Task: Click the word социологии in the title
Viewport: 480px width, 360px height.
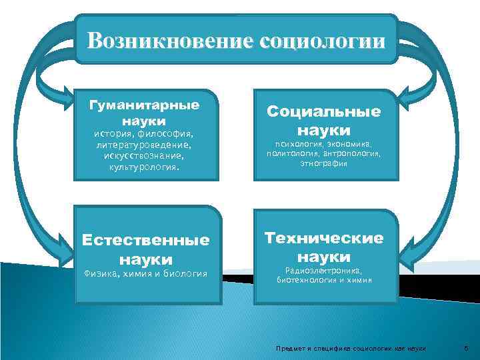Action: click(x=325, y=41)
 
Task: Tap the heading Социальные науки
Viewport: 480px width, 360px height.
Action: click(x=324, y=120)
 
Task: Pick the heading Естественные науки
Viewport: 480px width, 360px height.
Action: click(x=145, y=249)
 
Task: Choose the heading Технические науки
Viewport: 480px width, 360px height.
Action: click(x=324, y=247)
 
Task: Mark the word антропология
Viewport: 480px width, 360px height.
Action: click(x=354, y=153)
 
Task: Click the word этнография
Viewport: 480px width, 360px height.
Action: click(x=324, y=163)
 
